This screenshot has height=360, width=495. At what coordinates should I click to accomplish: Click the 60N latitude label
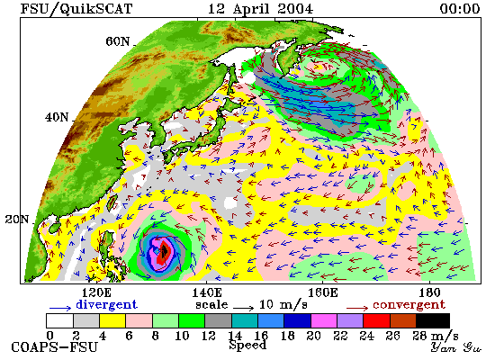117,41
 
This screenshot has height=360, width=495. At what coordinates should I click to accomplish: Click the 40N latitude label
57,118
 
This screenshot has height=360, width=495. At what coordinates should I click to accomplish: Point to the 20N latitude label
17,220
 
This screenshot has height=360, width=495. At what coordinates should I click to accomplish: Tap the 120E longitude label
96,292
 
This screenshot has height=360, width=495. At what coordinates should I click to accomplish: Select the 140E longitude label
207,292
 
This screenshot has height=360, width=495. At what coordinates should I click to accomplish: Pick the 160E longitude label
322,292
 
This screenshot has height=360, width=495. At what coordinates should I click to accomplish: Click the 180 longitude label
429,292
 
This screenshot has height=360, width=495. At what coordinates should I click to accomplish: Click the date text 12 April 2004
260,8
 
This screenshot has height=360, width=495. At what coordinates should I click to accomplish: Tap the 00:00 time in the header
460,8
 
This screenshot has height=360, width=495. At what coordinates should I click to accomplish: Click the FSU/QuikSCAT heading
76,9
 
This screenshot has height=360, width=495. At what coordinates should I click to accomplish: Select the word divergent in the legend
106,304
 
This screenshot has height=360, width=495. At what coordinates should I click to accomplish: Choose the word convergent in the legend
409,305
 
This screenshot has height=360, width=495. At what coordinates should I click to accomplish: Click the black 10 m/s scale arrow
243,308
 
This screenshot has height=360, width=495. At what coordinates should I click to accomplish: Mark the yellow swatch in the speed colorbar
112,320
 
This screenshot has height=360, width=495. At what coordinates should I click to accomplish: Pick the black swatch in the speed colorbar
433,320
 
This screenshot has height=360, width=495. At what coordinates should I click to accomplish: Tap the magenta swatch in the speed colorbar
324,320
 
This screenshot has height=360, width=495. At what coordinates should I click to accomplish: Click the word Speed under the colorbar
247,345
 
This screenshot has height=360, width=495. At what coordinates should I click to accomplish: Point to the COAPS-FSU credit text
54,347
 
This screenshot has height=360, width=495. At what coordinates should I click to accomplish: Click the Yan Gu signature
456,347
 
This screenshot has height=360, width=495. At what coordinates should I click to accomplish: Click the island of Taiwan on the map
112,202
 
